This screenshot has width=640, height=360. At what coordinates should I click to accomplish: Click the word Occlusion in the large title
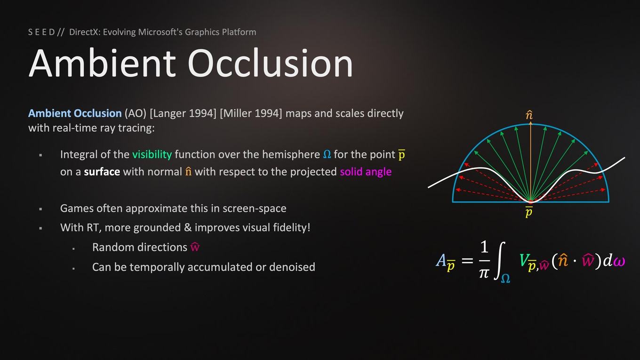click(270, 63)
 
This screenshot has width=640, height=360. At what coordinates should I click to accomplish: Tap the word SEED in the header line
click(41, 32)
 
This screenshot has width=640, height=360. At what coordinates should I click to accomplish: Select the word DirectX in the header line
click(84, 32)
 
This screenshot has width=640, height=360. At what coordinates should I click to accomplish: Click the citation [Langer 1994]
click(183, 113)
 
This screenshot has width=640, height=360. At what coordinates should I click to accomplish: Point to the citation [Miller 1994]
click(251, 113)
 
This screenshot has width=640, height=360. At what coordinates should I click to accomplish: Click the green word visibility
click(152, 154)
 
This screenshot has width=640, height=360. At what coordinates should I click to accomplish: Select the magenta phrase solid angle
click(366, 172)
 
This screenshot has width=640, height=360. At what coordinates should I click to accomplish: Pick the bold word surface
click(102, 172)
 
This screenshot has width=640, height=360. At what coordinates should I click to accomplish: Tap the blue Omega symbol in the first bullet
click(327, 154)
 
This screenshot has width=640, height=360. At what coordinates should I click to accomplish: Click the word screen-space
click(254, 208)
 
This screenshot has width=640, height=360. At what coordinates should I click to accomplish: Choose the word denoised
click(292, 267)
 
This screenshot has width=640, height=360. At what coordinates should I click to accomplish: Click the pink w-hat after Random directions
click(195, 247)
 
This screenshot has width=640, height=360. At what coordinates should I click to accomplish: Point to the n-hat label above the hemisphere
click(529, 115)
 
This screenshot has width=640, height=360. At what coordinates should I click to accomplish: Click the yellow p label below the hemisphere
click(529, 212)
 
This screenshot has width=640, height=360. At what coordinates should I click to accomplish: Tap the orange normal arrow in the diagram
click(530, 161)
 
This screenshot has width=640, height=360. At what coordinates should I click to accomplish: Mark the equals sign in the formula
click(467, 260)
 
